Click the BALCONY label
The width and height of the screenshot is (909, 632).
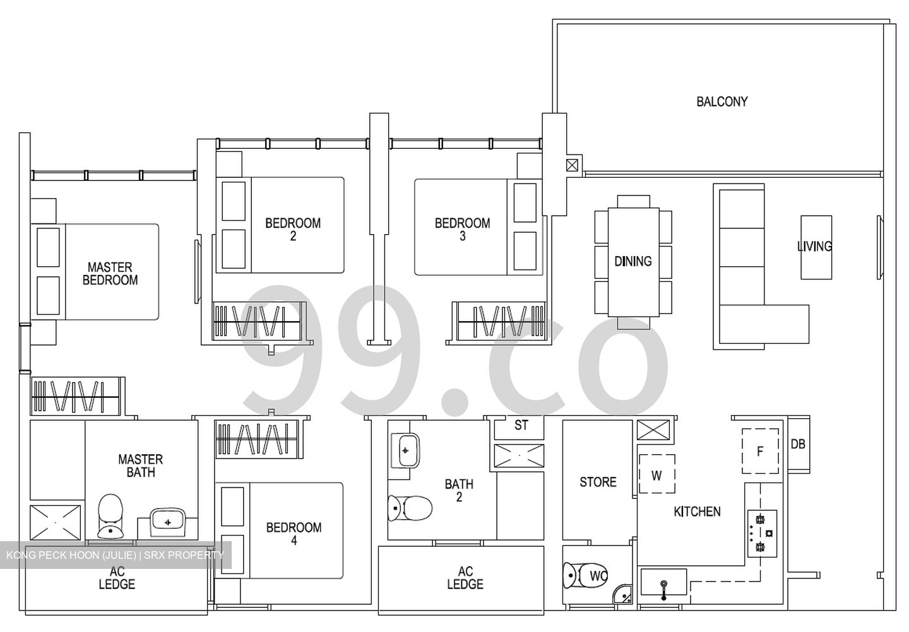[722, 102]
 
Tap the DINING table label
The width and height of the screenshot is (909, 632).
[633, 261]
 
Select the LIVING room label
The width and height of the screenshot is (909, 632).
[814, 247]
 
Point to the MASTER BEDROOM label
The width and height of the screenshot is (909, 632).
[110, 274]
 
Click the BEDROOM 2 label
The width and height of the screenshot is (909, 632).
[293, 230]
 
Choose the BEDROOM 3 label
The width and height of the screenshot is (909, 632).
[462, 230]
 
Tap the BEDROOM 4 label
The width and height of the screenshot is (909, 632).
[294, 534]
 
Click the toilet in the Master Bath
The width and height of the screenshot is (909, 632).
[110, 516]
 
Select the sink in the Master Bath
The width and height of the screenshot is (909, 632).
[167, 522]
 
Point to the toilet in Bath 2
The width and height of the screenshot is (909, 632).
[410, 508]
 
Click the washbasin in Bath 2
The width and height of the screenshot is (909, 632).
[405, 450]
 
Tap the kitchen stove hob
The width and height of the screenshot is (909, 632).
[762, 533]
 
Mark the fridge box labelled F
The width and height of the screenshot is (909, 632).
[760, 451]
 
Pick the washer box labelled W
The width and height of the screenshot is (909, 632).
[656, 474]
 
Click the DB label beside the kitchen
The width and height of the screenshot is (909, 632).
[798, 444]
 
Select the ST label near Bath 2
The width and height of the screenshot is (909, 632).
[521, 426]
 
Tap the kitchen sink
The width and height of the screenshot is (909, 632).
[663, 583]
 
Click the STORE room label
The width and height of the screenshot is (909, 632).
[598, 483]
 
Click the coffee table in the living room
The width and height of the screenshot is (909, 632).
[816, 247]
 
